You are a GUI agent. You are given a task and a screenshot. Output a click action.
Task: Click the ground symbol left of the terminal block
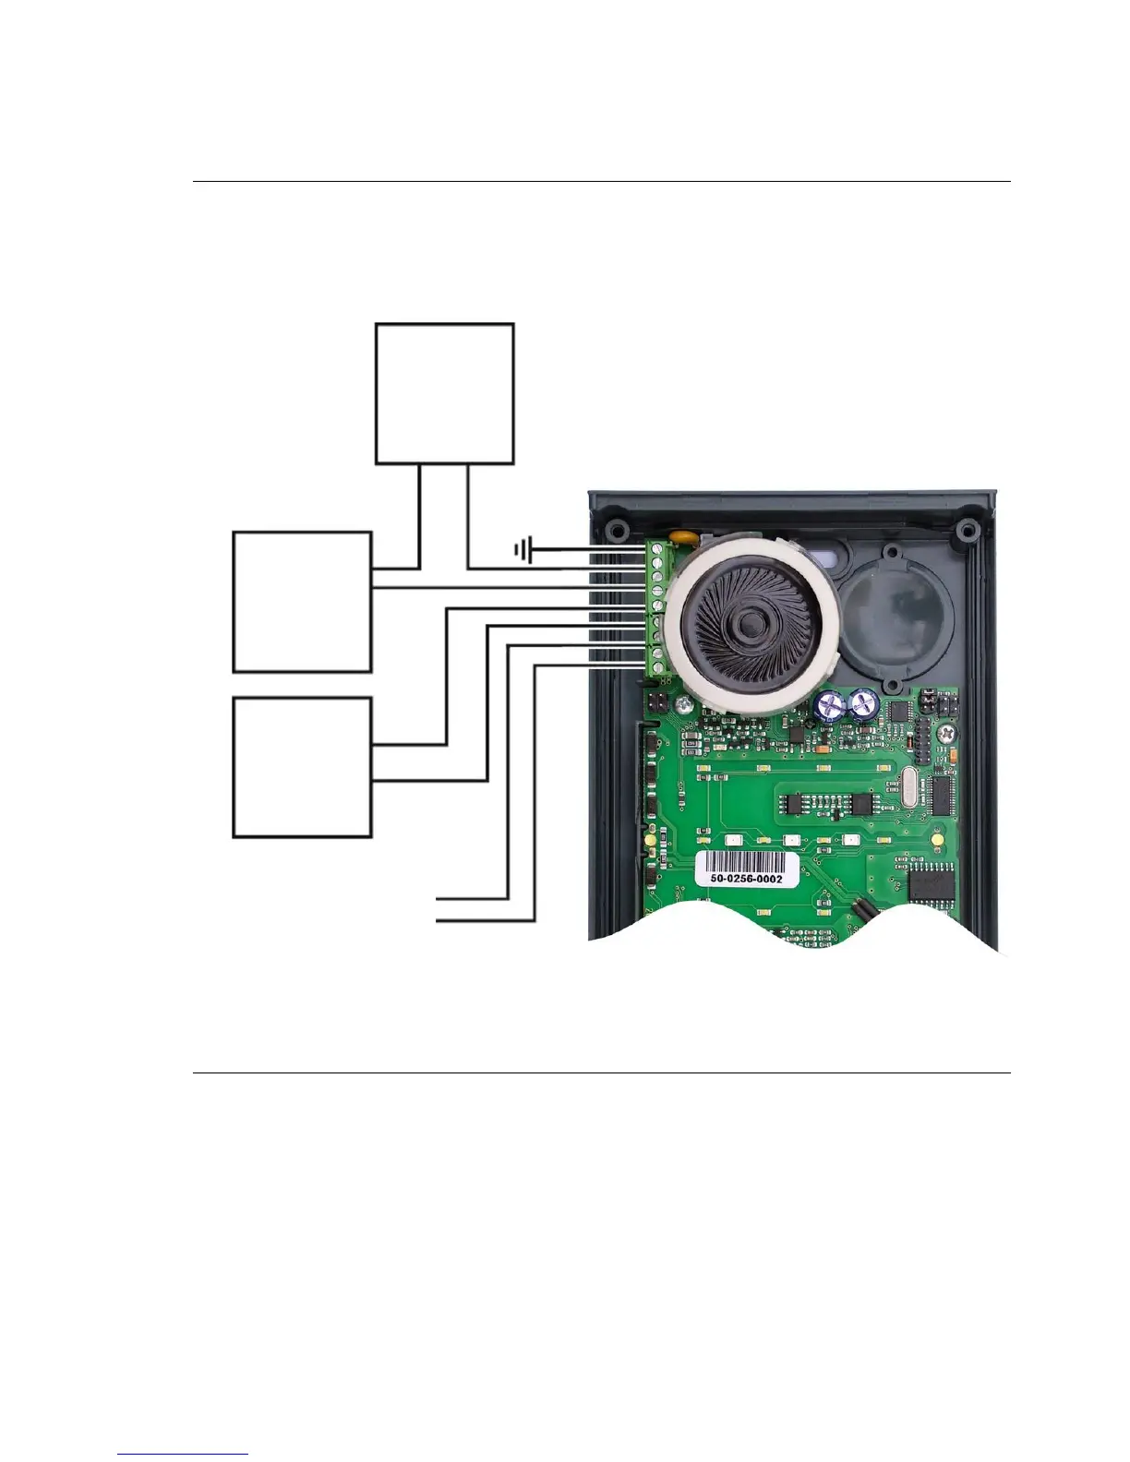tap(523, 551)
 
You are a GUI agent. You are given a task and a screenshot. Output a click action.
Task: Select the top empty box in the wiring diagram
tap(444, 393)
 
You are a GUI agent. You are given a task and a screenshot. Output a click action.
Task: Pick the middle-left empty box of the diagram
tap(302, 602)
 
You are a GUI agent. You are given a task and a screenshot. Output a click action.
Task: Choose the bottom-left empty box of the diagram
tap(302, 768)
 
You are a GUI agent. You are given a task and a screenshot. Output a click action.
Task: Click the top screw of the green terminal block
tap(657, 548)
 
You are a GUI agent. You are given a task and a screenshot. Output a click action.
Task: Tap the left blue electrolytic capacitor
tap(829, 706)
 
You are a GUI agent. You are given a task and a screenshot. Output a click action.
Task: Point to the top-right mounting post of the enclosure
tap(967, 531)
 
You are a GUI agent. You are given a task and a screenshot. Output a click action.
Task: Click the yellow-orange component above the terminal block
tap(682, 534)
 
